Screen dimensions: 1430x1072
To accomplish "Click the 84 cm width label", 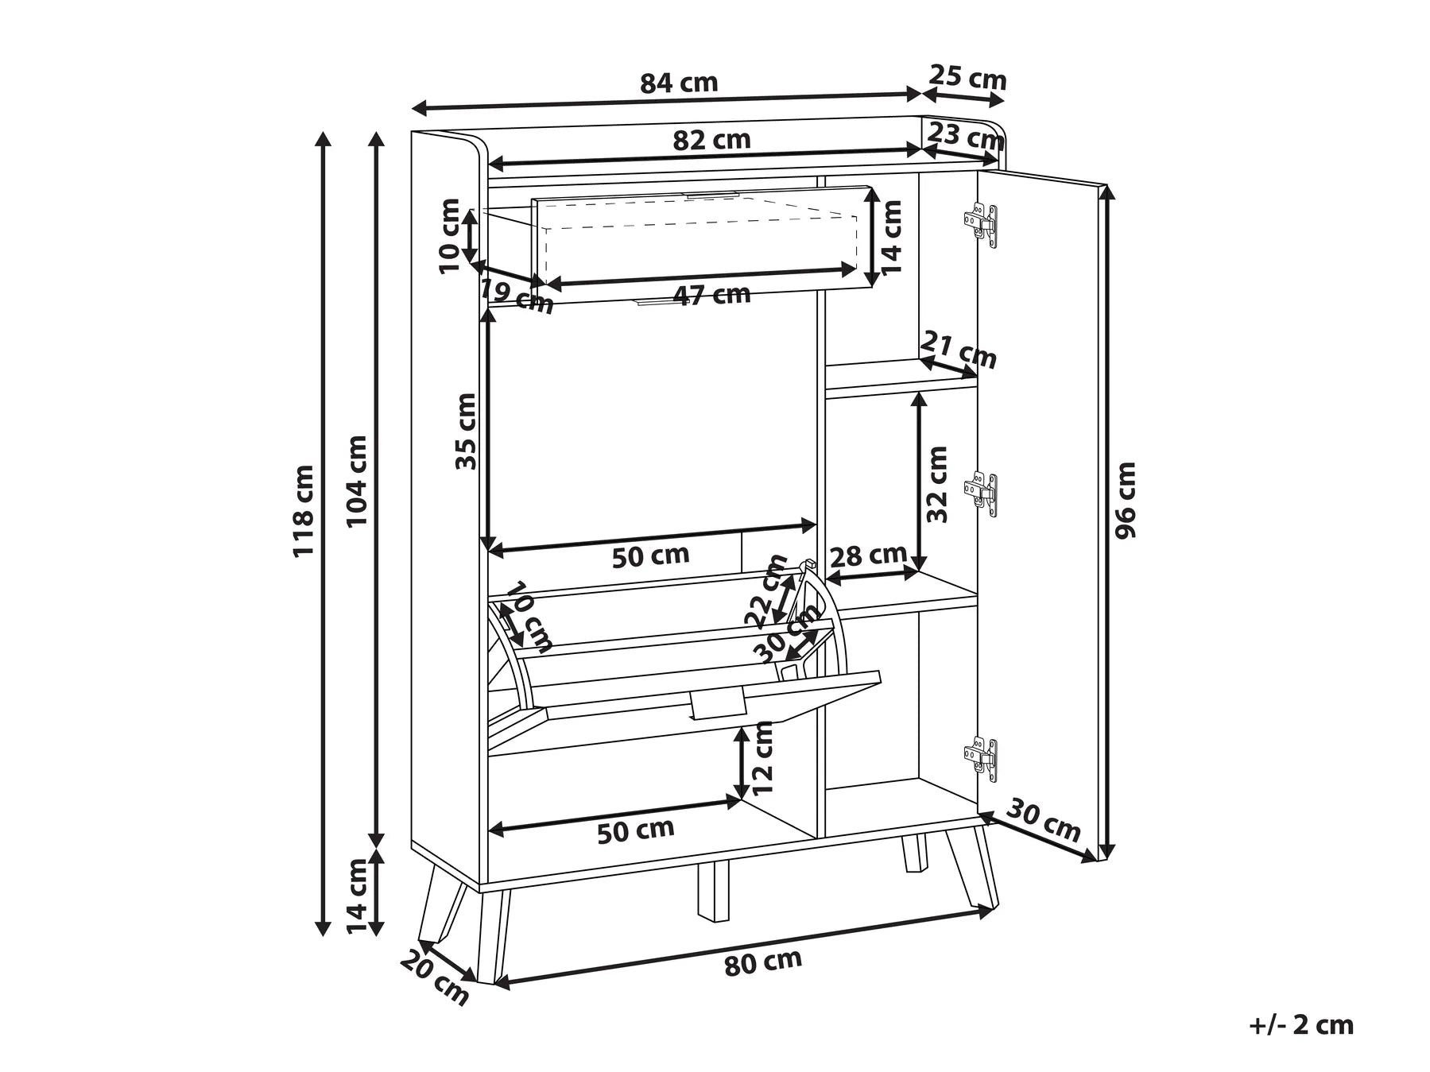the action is click(679, 83).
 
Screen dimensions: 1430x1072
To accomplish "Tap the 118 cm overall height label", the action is click(304, 511).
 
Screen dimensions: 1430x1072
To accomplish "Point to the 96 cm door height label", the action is click(1126, 500).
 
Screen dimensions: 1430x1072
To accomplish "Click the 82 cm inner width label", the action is click(711, 140).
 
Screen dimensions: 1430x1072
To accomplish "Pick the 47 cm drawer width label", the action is click(711, 295).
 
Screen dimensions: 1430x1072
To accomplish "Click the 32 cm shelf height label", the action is click(938, 484).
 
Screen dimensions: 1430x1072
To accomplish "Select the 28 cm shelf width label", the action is click(868, 555).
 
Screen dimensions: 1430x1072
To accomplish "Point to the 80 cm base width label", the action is click(763, 962).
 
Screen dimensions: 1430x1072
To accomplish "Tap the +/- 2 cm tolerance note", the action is click(1301, 1025).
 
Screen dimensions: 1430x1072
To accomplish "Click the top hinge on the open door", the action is click(981, 224).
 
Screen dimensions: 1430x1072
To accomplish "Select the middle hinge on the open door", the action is click(981, 493).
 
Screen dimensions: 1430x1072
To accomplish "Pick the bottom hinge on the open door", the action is click(981, 758).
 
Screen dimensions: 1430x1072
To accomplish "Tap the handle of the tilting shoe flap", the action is click(718, 704).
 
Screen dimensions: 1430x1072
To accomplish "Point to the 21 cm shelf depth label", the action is click(959, 350).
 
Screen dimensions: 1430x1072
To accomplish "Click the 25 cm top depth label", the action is click(968, 79).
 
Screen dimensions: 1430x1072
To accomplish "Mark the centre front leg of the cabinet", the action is click(713, 891).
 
